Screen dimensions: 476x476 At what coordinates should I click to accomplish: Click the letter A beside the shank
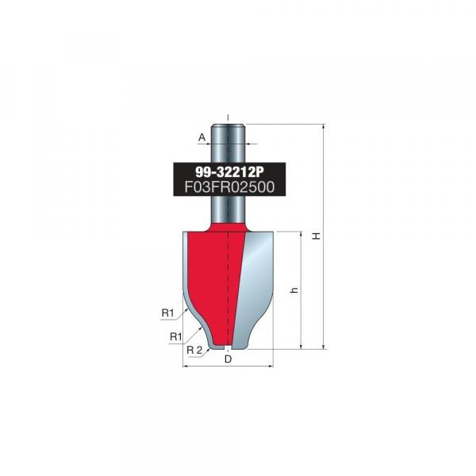click(202, 137)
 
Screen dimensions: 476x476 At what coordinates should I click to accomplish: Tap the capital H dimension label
click(317, 236)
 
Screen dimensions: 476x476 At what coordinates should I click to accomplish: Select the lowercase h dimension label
click(294, 290)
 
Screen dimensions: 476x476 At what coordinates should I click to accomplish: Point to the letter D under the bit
click(228, 359)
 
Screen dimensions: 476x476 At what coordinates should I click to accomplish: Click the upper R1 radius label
click(167, 313)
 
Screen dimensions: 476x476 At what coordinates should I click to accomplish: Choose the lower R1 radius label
click(176, 336)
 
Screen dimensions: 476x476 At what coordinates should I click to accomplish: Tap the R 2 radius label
click(194, 350)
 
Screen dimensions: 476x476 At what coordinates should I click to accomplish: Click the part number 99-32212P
click(229, 172)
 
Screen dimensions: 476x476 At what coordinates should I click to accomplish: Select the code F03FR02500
click(229, 186)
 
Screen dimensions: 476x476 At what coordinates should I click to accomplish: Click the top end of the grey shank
click(228, 125)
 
